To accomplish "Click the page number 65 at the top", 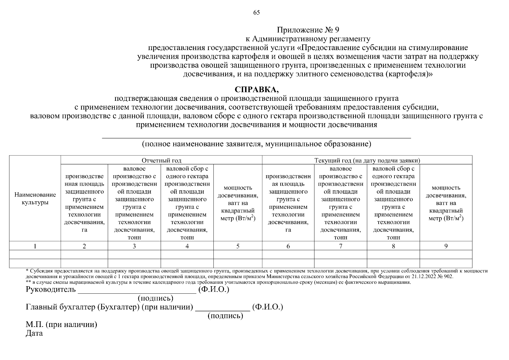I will [x=257, y=13].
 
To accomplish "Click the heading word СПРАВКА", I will [x=256, y=90].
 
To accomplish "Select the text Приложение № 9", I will [x=308, y=30].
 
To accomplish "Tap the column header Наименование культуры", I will [x=35, y=199].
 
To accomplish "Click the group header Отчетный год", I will [x=161, y=160].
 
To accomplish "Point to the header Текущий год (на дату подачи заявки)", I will [x=367, y=160].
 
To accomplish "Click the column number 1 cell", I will [x=35, y=246].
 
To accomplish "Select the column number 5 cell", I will [x=238, y=246].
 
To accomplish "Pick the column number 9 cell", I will [x=446, y=246].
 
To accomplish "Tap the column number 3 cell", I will [x=134, y=246].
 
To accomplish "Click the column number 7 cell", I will [x=341, y=246].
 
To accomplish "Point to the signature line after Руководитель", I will [x=137, y=292].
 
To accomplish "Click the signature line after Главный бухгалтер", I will [x=222, y=310].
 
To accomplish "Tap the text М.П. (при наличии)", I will [x=61, y=325].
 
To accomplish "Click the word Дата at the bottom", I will [x=34, y=333].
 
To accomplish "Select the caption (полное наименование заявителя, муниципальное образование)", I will [x=257, y=144].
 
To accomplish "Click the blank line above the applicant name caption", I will [x=257, y=137].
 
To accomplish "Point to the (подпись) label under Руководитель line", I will [x=155, y=298].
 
